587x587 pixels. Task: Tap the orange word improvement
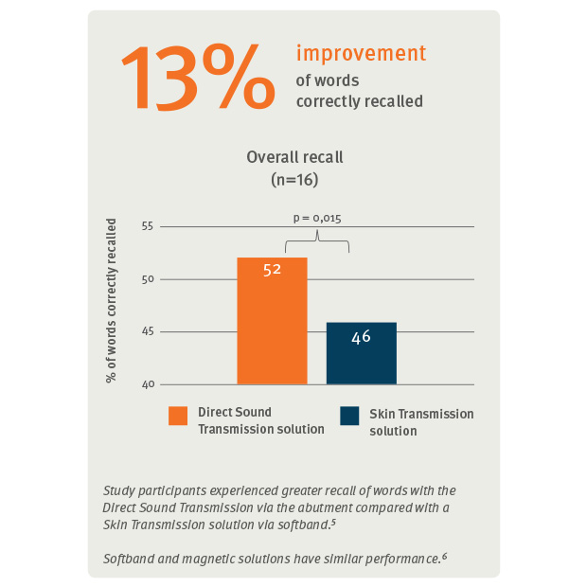coord(361,53)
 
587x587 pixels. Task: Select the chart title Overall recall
coord(294,157)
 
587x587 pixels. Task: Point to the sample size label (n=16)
coord(294,177)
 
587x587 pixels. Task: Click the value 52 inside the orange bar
coord(272,270)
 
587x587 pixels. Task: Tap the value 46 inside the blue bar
coord(361,336)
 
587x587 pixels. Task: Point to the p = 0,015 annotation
coord(316,218)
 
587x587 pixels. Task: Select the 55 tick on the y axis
coord(147,226)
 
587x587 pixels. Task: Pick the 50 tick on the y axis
coord(147,279)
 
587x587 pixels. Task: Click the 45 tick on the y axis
coord(147,332)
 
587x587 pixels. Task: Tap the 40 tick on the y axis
coord(147,384)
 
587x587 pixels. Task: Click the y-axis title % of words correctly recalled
coord(112,301)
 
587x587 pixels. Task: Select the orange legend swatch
coord(178,416)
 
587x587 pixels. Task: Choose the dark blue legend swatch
coord(349,416)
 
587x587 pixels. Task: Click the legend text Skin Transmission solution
coord(420,422)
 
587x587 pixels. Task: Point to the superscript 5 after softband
coord(334,521)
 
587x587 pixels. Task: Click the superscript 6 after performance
coord(444,555)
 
